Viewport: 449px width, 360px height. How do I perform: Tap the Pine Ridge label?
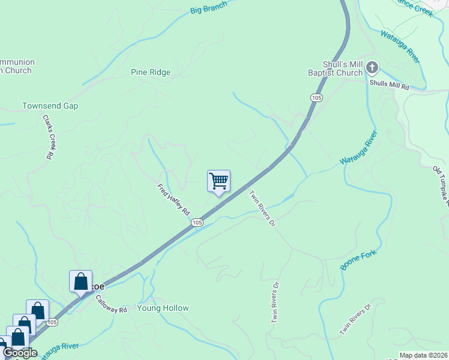click(x=151, y=73)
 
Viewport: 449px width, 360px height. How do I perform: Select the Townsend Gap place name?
click(x=50, y=106)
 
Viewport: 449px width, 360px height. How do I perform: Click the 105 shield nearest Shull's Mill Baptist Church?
click(x=317, y=97)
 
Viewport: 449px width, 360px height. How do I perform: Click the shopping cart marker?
click(x=219, y=181)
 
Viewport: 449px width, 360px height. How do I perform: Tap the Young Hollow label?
click(x=163, y=308)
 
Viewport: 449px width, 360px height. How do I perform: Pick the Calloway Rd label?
click(x=111, y=307)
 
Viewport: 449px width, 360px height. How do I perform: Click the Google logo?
click(x=20, y=353)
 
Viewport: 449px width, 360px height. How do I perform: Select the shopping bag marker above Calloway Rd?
click(x=81, y=281)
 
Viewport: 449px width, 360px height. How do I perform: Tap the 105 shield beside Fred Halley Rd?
click(x=197, y=223)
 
